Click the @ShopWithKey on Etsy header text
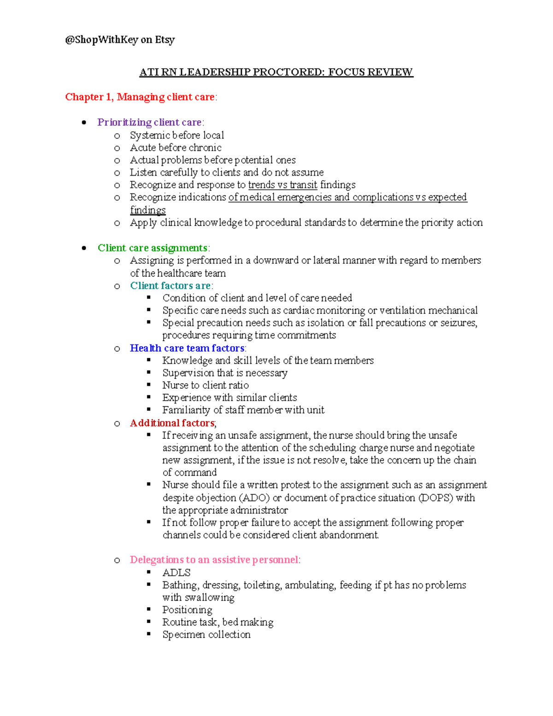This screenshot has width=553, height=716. (120, 40)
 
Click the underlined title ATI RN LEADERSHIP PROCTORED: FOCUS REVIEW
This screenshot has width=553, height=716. (276, 72)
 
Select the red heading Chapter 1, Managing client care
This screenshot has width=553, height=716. (140, 97)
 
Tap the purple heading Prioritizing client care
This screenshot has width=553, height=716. (149, 123)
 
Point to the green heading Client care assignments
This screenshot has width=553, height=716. (153, 248)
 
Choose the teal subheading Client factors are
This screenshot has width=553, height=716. (170, 286)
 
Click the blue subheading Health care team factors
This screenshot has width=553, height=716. (187, 348)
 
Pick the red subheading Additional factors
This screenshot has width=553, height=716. (172, 423)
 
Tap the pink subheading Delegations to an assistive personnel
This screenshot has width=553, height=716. (214, 560)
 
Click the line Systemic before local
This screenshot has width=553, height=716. (177, 136)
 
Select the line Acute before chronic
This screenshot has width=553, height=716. (176, 148)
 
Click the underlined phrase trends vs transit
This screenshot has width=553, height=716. (282, 185)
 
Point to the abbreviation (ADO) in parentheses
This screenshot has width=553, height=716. (254, 498)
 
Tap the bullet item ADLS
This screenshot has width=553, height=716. (176, 573)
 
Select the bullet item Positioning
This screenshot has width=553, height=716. (187, 610)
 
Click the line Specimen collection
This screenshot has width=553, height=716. (206, 635)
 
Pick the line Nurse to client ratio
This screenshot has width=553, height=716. (206, 385)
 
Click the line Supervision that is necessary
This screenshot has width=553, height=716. (225, 373)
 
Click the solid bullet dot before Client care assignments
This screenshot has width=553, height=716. (84, 248)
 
